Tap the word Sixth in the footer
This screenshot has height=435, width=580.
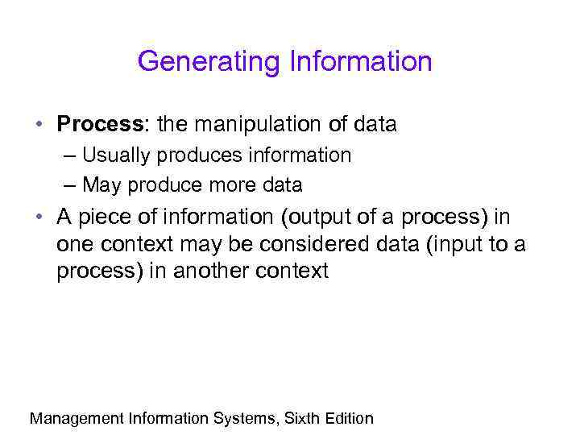coord(304,418)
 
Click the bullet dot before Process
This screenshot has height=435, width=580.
coord(39,126)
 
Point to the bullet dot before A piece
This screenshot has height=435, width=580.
coord(39,218)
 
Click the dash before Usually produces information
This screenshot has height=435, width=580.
coord(68,155)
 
